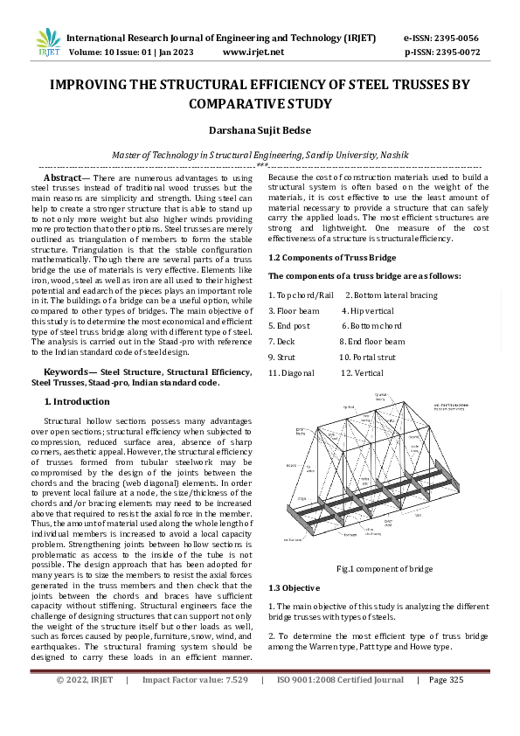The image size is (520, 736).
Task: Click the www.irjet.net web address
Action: (x=253, y=52)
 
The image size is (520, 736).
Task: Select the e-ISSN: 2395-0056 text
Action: (x=441, y=38)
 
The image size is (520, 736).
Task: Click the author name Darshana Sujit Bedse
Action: (x=260, y=130)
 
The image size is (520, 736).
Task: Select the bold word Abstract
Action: (x=61, y=177)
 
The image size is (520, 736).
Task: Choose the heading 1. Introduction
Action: (x=77, y=401)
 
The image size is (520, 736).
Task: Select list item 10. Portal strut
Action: (x=367, y=358)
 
